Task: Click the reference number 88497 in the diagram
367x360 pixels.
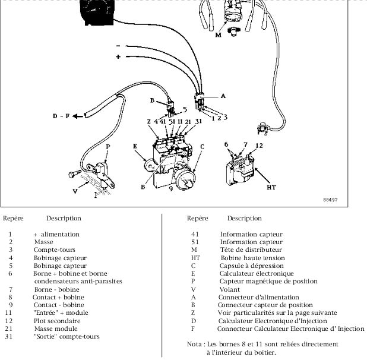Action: coord(330,200)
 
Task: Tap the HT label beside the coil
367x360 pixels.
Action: coord(271,187)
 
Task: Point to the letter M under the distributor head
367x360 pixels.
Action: coord(217,35)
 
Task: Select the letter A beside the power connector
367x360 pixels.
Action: coord(223,95)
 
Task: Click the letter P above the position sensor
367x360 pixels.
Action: coord(108,146)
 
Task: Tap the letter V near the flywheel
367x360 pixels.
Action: coord(75,191)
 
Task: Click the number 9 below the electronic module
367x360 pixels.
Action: coord(171,190)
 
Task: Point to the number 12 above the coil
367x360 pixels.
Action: coord(259,145)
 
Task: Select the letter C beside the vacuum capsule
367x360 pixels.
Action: coord(202,146)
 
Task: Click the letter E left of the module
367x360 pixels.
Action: coord(135,145)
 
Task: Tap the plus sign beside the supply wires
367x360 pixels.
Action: coord(118,57)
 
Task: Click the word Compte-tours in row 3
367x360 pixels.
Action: coord(51,250)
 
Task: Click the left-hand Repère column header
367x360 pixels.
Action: coord(13,218)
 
